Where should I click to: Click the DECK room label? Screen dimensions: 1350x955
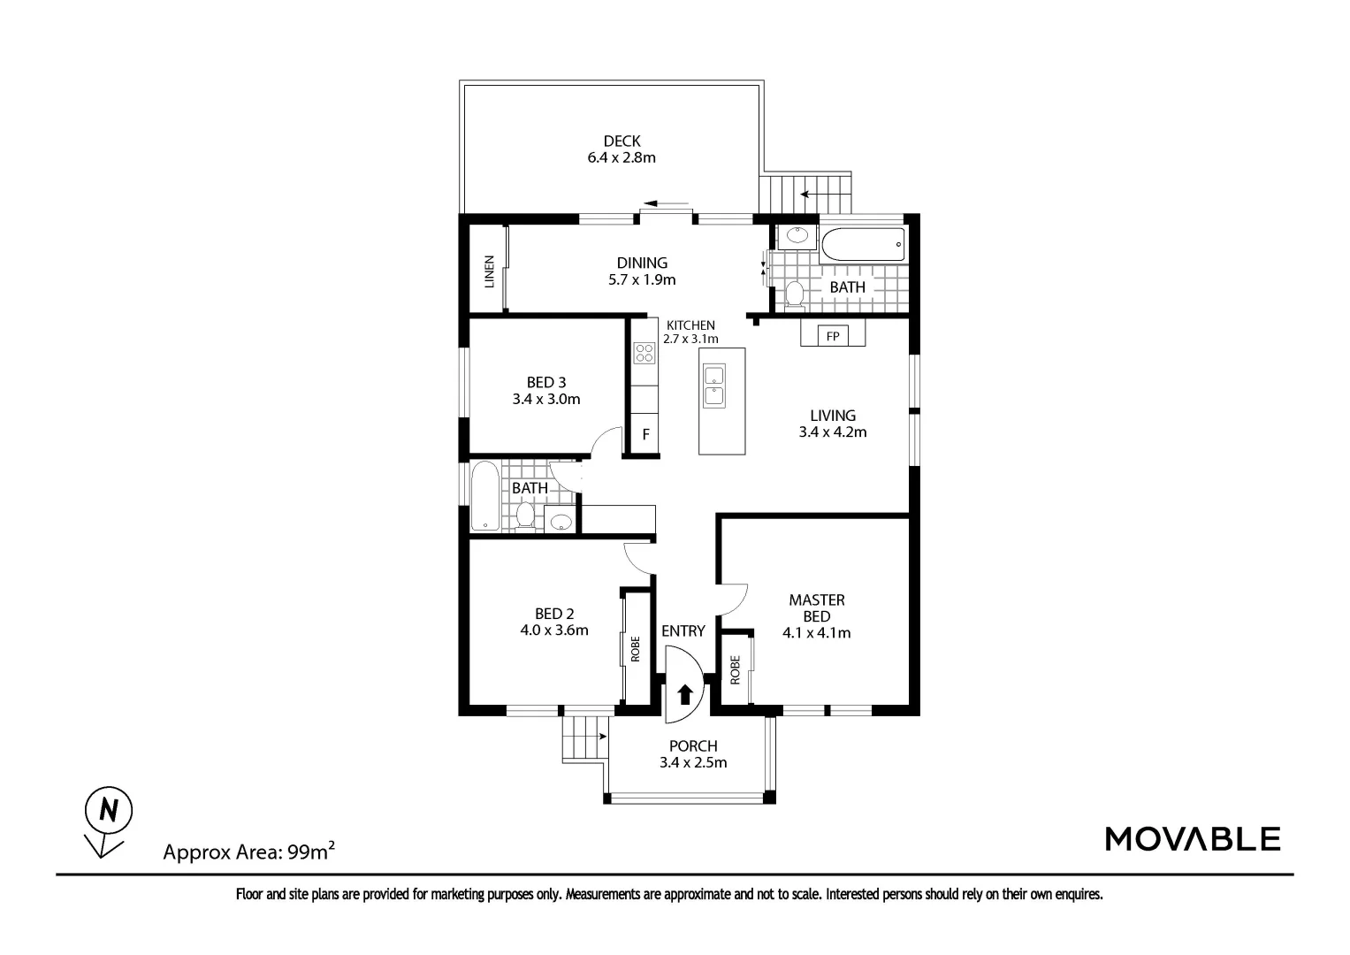point(622,141)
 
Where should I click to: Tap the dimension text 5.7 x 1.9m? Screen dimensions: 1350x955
point(642,279)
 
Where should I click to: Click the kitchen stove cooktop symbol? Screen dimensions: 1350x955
point(644,353)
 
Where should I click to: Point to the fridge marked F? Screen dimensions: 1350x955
point(645,433)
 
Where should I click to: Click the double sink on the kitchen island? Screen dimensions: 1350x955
point(714,386)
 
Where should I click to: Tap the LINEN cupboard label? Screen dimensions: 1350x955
point(490,271)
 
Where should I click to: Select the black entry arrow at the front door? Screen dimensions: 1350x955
point(684,694)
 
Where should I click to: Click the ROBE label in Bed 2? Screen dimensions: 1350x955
point(636,649)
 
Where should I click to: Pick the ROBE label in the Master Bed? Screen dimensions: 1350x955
point(735,670)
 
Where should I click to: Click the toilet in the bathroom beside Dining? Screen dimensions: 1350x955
point(795,294)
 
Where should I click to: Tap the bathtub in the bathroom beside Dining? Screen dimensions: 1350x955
point(863,244)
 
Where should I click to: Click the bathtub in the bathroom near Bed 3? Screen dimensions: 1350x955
point(484,496)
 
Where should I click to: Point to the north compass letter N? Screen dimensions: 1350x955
point(109,810)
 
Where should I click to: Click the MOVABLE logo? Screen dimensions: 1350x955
point(1193,838)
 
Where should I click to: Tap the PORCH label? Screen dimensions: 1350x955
point(693,745)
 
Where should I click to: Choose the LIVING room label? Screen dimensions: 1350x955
point(833,416)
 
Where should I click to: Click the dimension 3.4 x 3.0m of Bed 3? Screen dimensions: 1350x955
point(546,399)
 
